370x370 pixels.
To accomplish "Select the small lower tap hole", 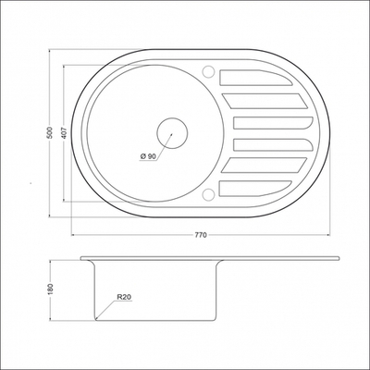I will point(212,194).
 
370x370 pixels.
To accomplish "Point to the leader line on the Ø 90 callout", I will point(161,144).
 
